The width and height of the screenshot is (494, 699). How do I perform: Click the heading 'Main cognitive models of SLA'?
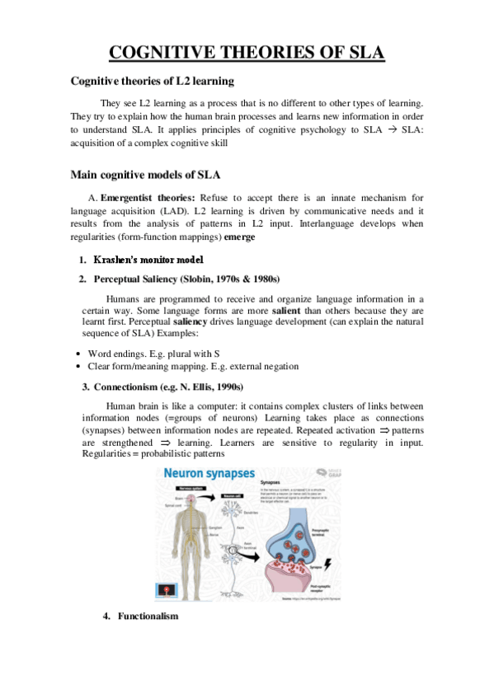pos(145,175)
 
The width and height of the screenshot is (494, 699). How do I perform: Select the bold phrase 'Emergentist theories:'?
pos(148,198)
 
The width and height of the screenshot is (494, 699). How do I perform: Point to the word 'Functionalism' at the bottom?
pos(148,616)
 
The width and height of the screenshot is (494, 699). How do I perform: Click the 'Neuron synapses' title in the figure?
pos(208,474)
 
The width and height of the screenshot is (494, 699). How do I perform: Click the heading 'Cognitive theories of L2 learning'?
pos(153,81)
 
